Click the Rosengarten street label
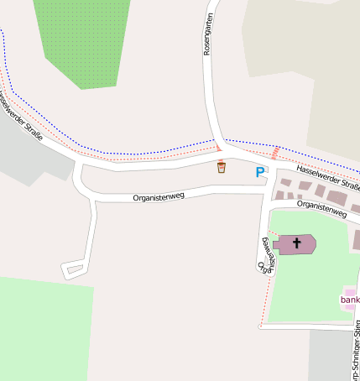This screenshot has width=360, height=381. tap(208, 34)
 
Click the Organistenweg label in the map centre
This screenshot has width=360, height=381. tap(159, 197)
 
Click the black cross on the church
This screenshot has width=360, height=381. tap(295, 244)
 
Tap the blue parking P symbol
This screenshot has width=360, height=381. tap(260, 172)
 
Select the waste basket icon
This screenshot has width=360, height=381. tap(221, 167)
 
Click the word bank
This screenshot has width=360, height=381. tap(350, 300)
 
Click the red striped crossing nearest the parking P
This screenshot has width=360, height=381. tap(274, 152)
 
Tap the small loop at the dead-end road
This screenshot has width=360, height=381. tap(74, 269)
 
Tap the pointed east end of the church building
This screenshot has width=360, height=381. tap(316, 244)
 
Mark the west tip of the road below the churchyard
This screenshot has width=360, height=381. tap(261, 326)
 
